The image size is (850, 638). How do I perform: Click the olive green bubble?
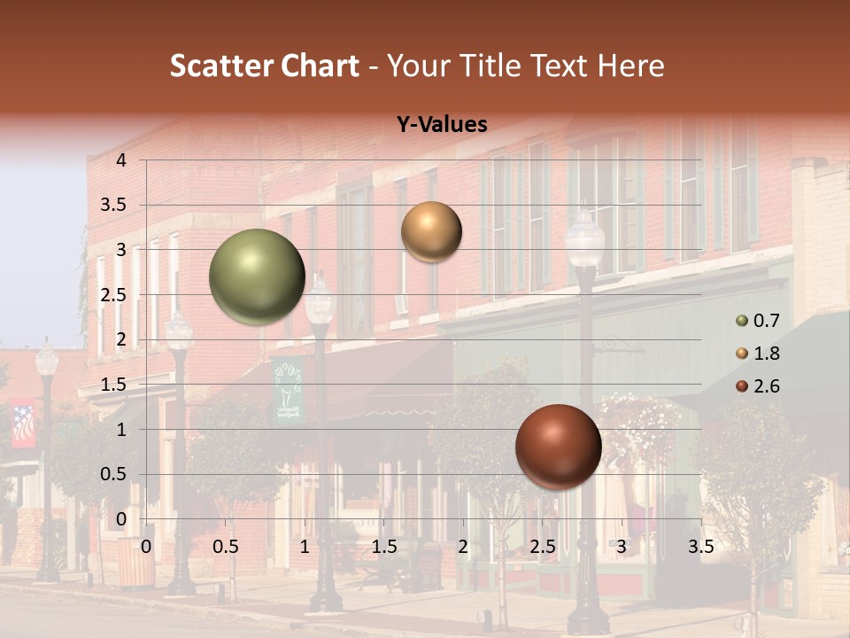pyautogui.click(x=257, y=276)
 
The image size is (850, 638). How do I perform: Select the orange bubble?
pyautogui.click(x=431, y=231)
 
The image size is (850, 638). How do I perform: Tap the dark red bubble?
pyautogui.click(x=558, y=447)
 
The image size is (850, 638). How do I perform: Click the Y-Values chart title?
pyautogui.click(x=441, y=125)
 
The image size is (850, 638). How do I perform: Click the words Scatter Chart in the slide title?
pyautogui.click(x=265, y=66)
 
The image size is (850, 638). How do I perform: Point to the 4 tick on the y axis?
pyautogui.click(x=121, y=159)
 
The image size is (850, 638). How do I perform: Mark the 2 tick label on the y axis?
pyautogui.click(x=121, y=339)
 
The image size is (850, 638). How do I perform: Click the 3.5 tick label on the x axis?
pyautogui.click(x=700, y=547)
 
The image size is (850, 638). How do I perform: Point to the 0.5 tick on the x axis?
pyautogui.click(x=226, y=547)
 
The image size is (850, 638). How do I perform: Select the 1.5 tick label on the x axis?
pyautogui.click(x=384, y=547)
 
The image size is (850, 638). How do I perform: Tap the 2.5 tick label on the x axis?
pyautogui.click(x=543, y=547)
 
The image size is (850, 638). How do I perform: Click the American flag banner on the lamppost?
pyautogui.click(x=24, y=424)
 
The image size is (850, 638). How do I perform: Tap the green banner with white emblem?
pyautogui.click(x=287, y=390)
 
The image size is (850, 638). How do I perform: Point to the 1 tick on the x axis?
pyautogui.click(x=305, y=547)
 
